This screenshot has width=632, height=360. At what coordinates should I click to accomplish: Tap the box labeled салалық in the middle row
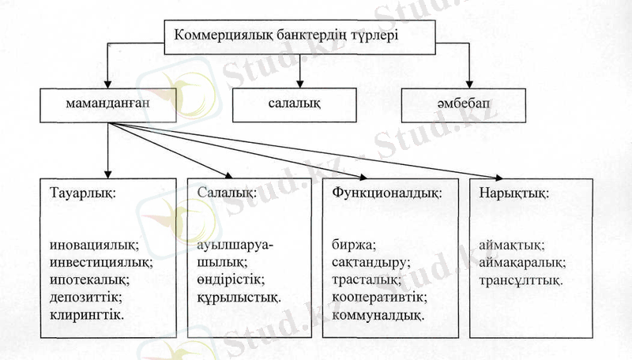click(299, 105)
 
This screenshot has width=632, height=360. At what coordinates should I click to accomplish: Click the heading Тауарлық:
click(81, 193)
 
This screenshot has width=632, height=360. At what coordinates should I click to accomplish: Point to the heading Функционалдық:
click(386, 193)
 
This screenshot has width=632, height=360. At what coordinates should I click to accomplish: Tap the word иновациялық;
click(94, 246)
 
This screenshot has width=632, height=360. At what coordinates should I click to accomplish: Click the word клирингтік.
click(86, 314)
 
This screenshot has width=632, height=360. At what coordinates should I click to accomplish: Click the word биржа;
click(353, 246)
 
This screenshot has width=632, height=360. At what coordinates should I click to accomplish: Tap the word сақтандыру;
click(370, 263)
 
